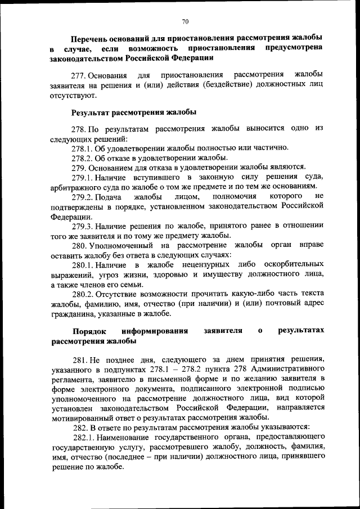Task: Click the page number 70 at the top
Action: coord(185,21)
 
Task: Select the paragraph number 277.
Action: coord(79,75)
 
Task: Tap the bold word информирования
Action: coord(157,331)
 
